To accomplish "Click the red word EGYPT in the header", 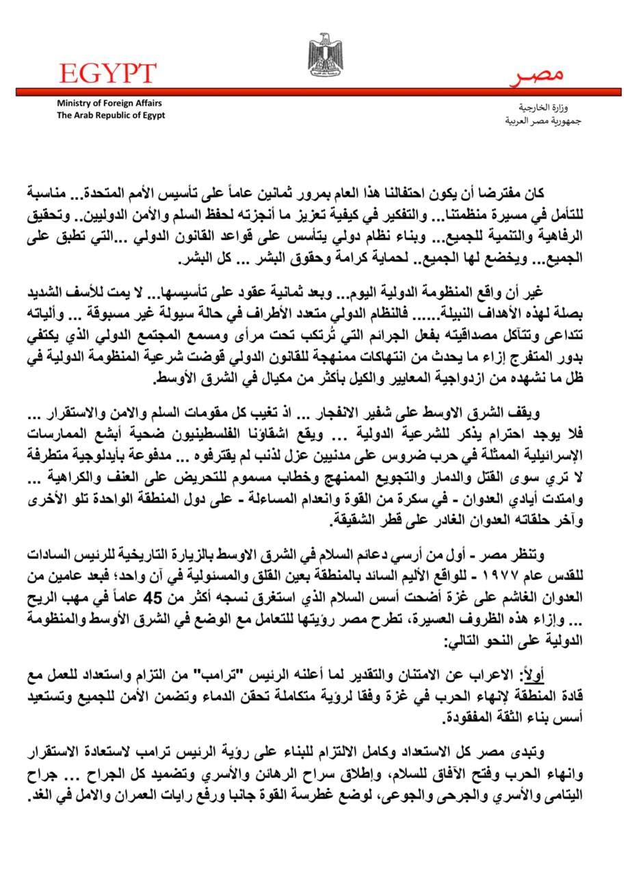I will click(108, 72).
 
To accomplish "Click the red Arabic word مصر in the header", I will click(538, 77).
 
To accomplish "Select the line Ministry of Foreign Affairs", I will click(109, 103).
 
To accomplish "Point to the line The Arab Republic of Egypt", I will click(111, 115).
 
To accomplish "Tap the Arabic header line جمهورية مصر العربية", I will click(534, 121).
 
